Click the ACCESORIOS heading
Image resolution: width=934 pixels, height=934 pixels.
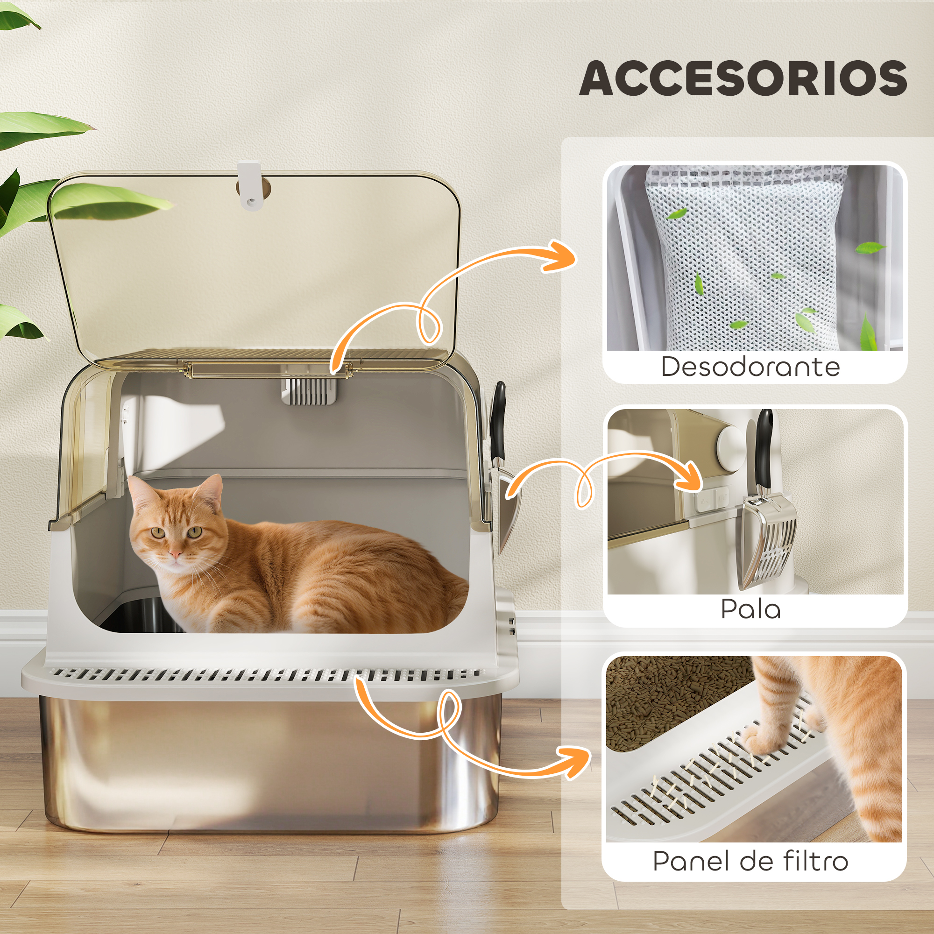[743, 78]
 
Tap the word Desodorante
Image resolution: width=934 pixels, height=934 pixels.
[750, 367]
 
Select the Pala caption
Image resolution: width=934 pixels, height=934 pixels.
[751, 609]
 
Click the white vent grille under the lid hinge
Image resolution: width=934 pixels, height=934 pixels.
[310, 391]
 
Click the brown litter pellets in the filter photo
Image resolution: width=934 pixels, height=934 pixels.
[677, 701]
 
